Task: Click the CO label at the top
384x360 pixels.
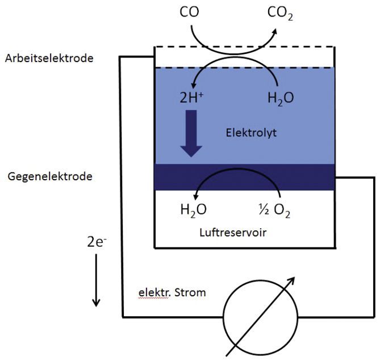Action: [x=189, y=12]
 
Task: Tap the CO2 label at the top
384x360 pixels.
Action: [x=280, y=13]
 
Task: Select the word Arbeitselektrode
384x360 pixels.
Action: [x=49, y=59]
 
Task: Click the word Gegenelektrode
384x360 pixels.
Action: [x=50, y=176]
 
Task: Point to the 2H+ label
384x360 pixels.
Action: [x=191, y=98]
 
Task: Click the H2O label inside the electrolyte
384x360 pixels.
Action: [x=281, y=98]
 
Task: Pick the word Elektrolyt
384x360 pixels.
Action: [x=251, y=133]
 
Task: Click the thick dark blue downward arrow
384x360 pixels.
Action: [x=191, y=134]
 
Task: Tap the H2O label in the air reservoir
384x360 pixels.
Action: [x=193, y=210]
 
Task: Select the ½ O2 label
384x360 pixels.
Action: [x=274, y=210]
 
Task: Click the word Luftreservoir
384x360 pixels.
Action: [x=233, y=233]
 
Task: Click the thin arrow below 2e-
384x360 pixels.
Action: [x=96, y=280]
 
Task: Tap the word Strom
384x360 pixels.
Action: [x=190, y=292]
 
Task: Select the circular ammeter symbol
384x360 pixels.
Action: [x=261, y=318]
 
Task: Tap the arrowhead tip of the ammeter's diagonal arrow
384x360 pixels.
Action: [x=295, y=278]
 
